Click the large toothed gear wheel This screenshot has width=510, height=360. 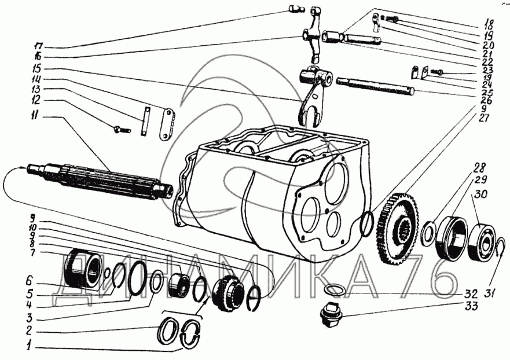coord(400,226)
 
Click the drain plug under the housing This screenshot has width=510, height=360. coord(331,315)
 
